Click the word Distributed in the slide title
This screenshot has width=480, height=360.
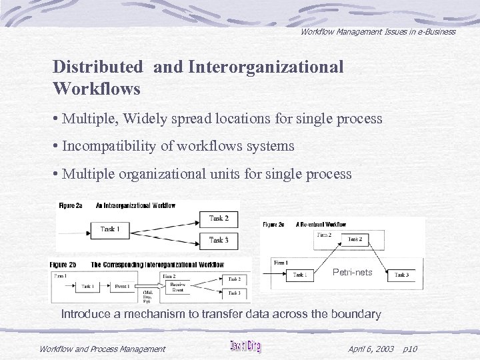(x=97, y=67)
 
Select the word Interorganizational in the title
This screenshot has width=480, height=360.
(x=266, y=67)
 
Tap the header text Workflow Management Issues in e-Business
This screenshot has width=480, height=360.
(x=377, y=31)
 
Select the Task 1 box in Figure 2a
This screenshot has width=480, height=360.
(x=109, y=229)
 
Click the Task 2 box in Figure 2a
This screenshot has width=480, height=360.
(x=219, y=218)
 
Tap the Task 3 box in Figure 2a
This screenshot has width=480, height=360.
(x=219, y=239)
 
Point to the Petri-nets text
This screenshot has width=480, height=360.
(x=353, y=272)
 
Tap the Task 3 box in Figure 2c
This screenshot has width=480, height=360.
(x=401, y=275)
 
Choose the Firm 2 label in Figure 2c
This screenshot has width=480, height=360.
(x=323, y=234)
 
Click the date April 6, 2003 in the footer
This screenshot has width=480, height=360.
(x=371, y=349)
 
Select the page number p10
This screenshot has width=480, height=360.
(x=411, y=349)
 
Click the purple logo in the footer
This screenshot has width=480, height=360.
(x=245, y=347)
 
